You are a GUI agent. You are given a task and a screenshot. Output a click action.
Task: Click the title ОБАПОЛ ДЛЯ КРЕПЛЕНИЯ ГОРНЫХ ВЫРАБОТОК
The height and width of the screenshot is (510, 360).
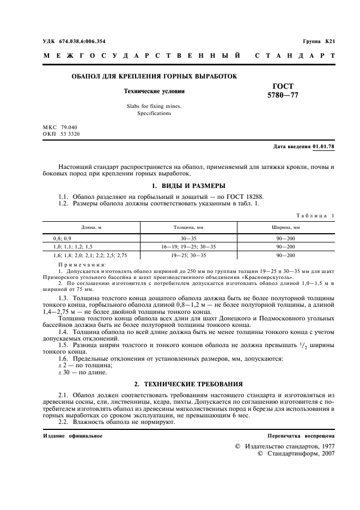tap(154, 76)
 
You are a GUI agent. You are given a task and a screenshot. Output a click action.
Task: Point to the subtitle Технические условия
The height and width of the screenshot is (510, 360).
tap(154, 92)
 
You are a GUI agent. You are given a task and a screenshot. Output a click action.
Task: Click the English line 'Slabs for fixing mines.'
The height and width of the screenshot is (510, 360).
tap(154, 106)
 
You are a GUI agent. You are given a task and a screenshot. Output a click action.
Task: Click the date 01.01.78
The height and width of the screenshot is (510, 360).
tap(324, 147)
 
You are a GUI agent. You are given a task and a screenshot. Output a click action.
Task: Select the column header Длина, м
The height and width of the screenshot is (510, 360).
tap(92, 227)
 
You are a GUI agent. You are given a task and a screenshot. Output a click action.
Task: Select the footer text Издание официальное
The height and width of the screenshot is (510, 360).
tap(72, 436)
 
